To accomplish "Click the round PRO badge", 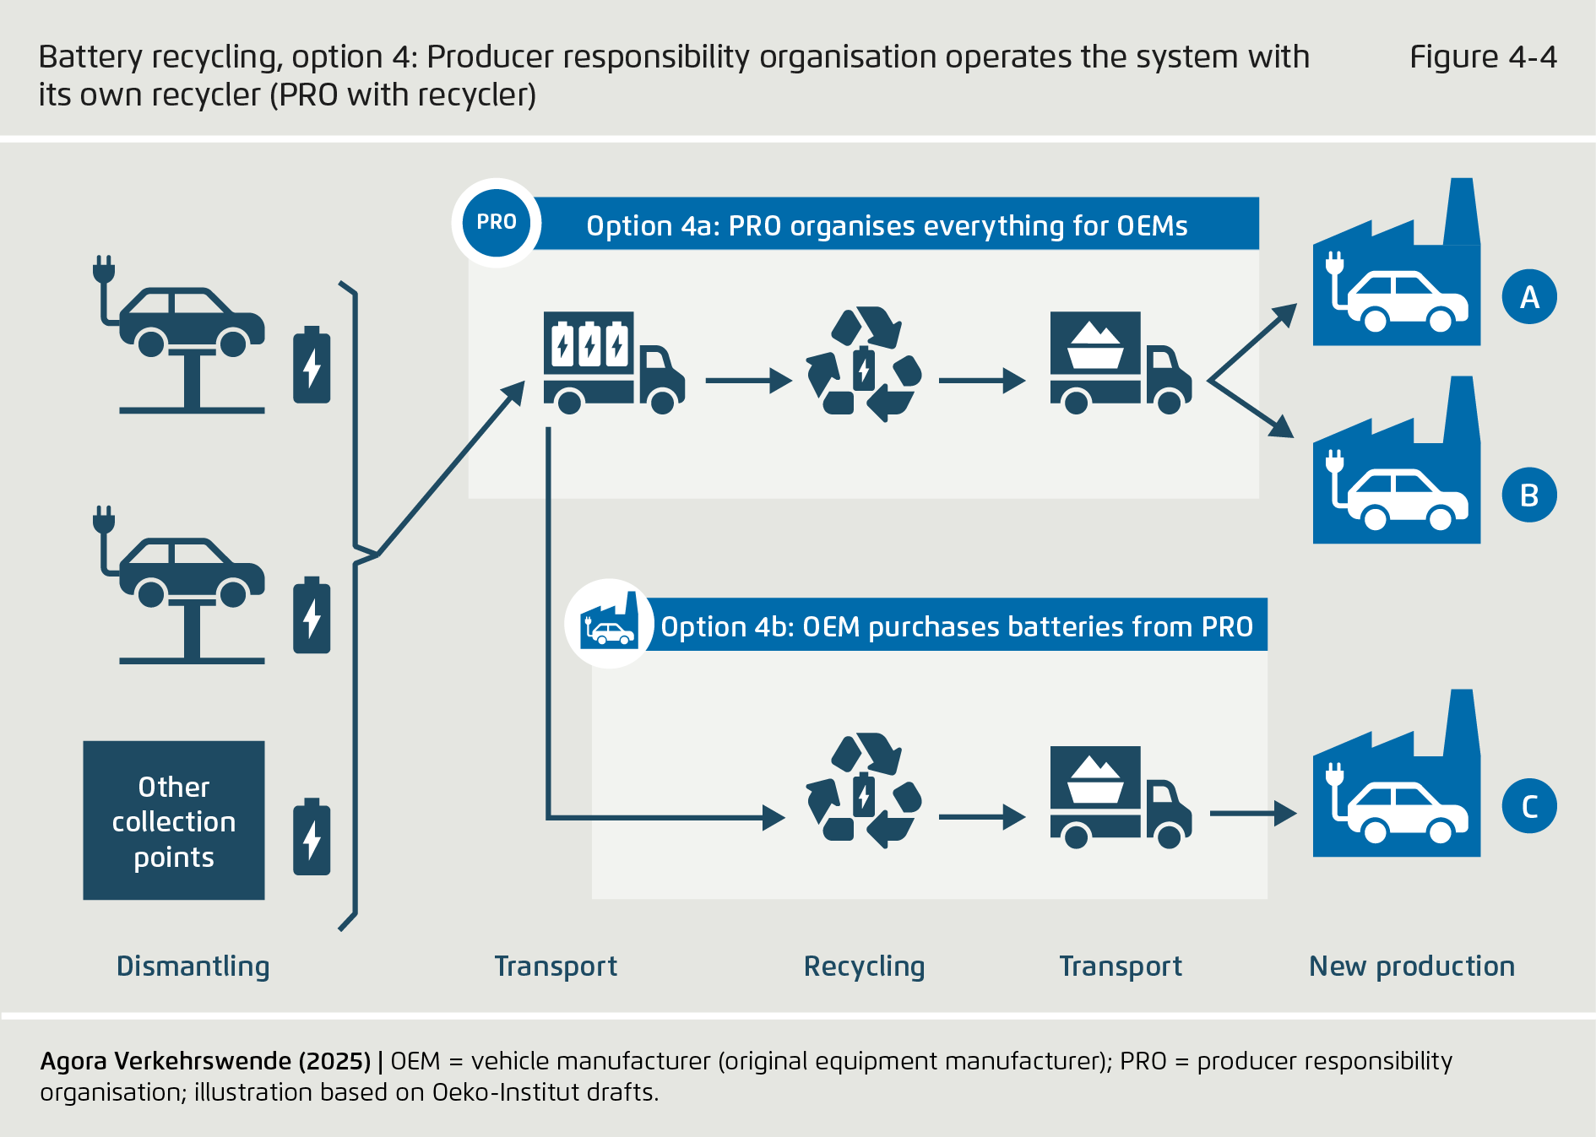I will coord(496,222).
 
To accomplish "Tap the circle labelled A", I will coord(1528,297).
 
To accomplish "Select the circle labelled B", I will coord(1528,495).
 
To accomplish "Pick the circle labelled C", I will coord(1528,806).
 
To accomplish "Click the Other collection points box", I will coord(174,820).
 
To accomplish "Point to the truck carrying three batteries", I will coord(612,363).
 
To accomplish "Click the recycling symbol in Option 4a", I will coord(863,365).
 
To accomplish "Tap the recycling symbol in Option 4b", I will coord(863,791).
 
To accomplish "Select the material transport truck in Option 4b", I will coord(1120,796).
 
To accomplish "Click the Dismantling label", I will coord(193,966).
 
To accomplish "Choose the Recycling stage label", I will coord(863,966).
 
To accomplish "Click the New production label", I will coord(1411,966).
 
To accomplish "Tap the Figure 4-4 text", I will coord(1482,57).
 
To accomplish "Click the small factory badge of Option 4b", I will coord(609,624).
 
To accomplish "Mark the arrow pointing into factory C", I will coord(1253,814).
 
